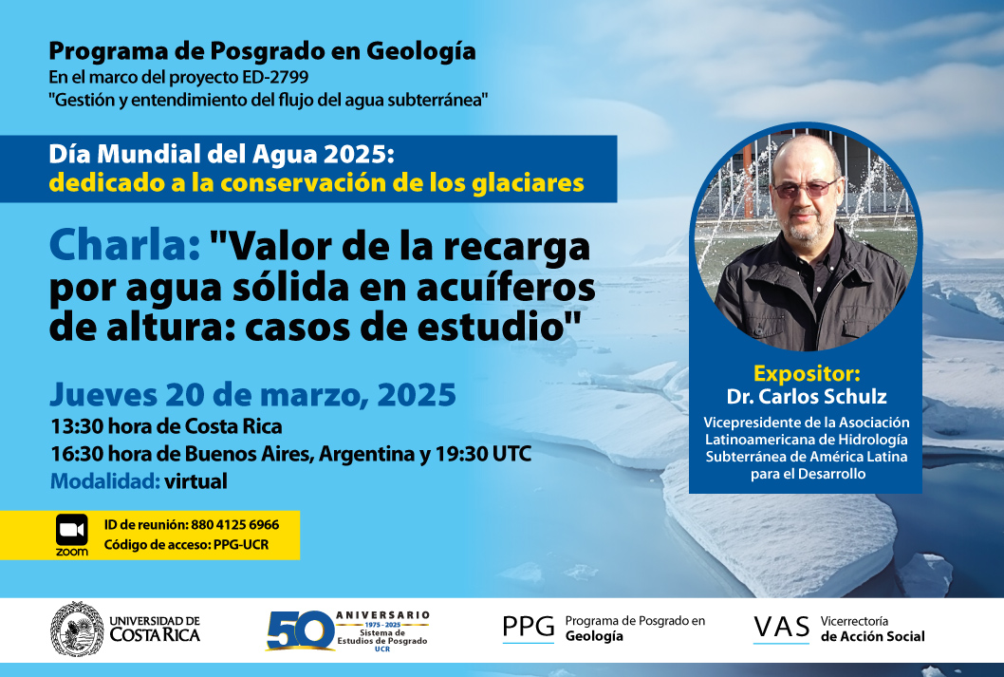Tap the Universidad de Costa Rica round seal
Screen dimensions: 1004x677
click(x=77, y=629)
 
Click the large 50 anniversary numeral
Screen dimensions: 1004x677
click(x=300, y=630)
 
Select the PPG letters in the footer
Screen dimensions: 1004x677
click(x=529, y=627)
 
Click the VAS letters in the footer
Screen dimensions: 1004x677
click(x=781, y=628)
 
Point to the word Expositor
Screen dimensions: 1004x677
click(x=807, y=373)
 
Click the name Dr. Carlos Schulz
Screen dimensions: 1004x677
click(x=807, y=397)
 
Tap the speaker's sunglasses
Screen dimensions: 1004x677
click(x=805, y=188)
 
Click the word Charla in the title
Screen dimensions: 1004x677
click(x=125, y=246)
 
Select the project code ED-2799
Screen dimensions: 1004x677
click(x=275, y=78)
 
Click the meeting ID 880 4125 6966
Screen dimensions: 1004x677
click(x=235, y=524)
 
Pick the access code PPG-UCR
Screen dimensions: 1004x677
click(x=241, y=545)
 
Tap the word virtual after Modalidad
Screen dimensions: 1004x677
click(x=195, y=481)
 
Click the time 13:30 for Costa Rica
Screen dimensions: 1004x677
click(x=77, y=426)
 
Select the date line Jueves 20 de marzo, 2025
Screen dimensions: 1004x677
click(x=253, y=395)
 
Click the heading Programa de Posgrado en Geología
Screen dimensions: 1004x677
click(x=263, y=51)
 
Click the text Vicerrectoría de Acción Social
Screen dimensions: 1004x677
click(x=873, y=629)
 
